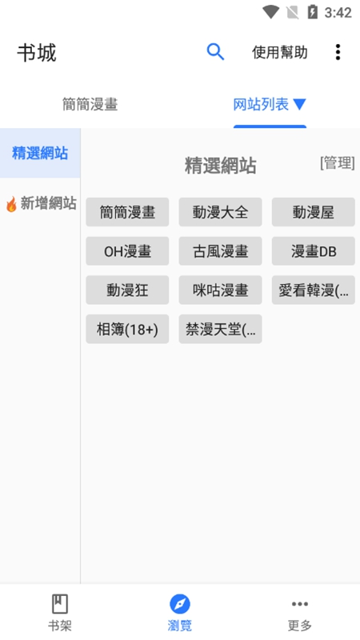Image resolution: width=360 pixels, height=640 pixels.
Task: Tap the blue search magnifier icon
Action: pos(215,52)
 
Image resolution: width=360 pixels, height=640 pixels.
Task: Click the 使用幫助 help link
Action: pos(279,52)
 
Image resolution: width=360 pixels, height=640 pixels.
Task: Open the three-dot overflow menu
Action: pos(338,52)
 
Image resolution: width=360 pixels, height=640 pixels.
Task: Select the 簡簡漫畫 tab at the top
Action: pos(90,105)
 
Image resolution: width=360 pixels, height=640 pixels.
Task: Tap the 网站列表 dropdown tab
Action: pos(270,105)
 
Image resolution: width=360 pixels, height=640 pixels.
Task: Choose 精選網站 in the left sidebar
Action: pos(40,153)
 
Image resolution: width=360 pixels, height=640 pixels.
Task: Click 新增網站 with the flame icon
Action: pos(41,203)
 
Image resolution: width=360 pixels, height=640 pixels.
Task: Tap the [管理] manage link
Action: pos(337,163)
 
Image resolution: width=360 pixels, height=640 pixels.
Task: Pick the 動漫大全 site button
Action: pos(221,212)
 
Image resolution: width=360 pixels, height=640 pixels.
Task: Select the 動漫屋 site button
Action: pos(314,212)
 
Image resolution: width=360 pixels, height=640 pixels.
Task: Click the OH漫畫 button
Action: pos(127,251)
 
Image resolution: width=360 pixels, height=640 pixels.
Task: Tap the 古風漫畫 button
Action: pos(221,251)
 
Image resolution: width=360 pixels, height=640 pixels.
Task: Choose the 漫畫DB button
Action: pos(314,251)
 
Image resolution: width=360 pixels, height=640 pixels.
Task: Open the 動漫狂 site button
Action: pos(127,290)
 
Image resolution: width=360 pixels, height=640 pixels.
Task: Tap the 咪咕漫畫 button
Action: pos(221,290)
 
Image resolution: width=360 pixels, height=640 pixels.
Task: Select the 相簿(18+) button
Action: pos(127,329)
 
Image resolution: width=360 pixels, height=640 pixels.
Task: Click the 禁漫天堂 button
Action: pos(221,329)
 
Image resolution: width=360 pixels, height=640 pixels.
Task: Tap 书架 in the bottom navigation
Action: pos(59,612)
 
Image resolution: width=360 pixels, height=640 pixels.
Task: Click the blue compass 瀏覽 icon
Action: pos(179,604)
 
